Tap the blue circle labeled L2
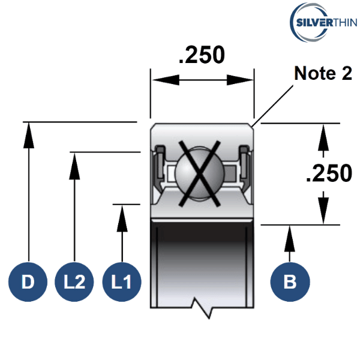point(74,281)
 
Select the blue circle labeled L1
point(122,281)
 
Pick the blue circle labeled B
point(290,281)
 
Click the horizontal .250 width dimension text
point(202,55)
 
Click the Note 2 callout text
point(323,73)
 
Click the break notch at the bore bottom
point(202,307)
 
